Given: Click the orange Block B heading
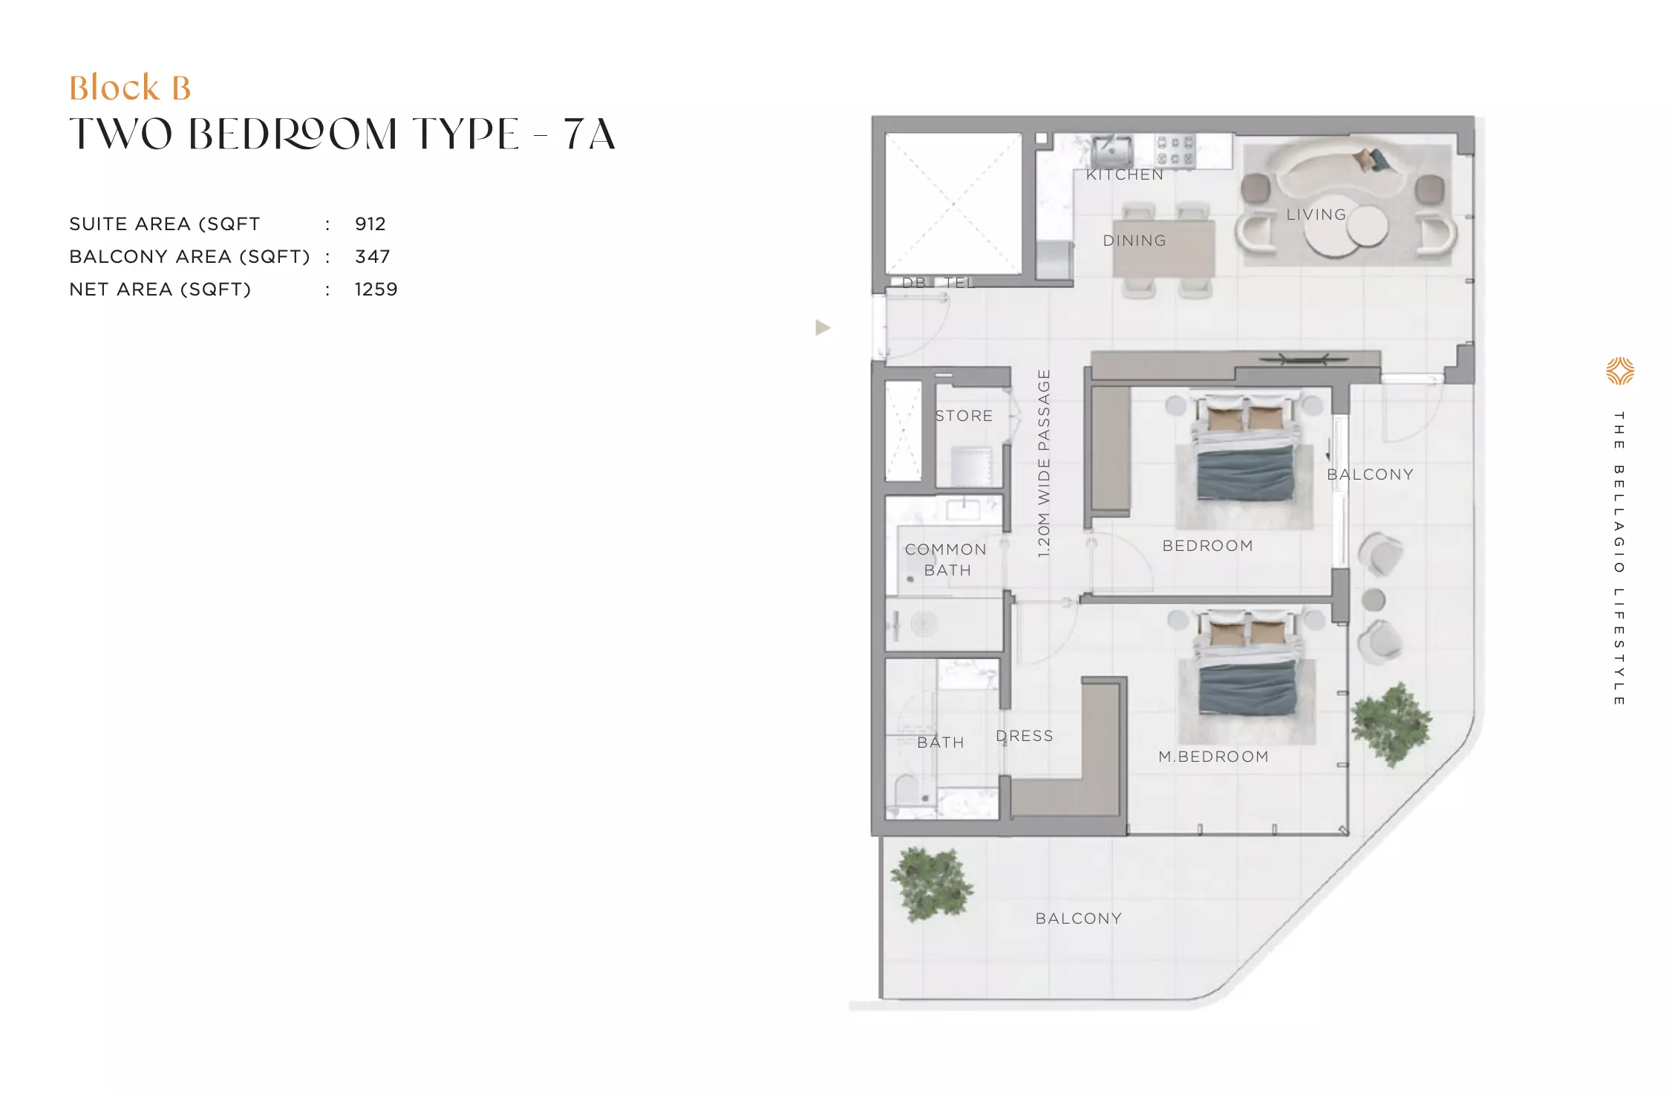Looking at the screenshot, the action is point(130,88).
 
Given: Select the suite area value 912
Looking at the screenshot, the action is point(370,224).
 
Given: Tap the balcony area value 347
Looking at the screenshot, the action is point(372,257).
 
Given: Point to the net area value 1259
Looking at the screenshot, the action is point(376,290).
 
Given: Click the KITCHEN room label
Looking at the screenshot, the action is point(1125,174).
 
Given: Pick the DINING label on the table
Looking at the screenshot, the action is point(1134,241).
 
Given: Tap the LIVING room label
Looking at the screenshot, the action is point(1316,215).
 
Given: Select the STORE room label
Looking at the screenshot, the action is point(964,416).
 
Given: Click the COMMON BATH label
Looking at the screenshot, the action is point(946,560).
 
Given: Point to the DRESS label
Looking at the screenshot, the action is point(1025,736).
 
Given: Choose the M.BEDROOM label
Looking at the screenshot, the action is point(1213,757).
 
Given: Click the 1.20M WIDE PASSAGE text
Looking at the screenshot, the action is point(1044,463).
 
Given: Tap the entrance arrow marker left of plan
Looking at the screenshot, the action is point(823,327).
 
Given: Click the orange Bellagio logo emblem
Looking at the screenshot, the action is point(1619,371).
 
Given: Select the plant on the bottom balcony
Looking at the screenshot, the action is point(932,884).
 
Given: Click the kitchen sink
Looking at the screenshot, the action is point(1111,151).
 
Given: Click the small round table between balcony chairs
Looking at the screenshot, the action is point(1374,599).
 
